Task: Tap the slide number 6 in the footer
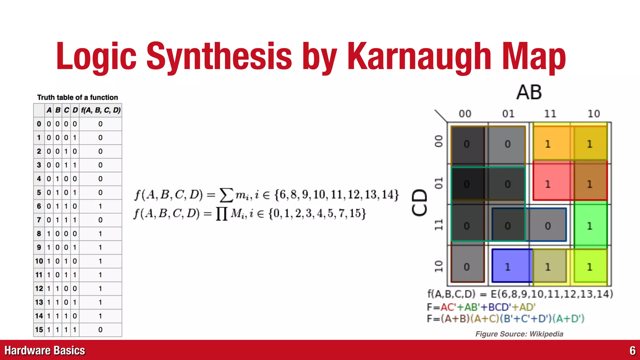click(x=632, y=351)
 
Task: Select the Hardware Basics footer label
click(x=45, y=351)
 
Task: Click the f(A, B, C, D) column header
click(x=100, y=110)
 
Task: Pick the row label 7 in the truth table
click(x=39, y=220)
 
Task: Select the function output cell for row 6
click(x=100, y=206)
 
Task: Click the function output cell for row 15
click(x=100, y=330)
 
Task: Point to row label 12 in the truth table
click(x=39, y=288)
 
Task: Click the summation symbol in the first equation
click(x=227, y=195)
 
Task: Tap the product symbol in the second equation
click(x=222, y=214)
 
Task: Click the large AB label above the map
click(x=529, y=92)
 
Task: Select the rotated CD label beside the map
click(x=419, y=202)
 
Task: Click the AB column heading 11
click(x=550, y=114)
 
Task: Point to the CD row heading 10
click(x=439, y=266)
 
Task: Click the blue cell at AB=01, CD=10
click(x=508, y=267)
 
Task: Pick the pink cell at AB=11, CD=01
click(x=548, y=184)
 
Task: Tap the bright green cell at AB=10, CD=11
click(x=590, y=226)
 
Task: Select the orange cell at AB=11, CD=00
click(x=548, y=144)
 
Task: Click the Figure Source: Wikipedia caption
click(x=519, y=334)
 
